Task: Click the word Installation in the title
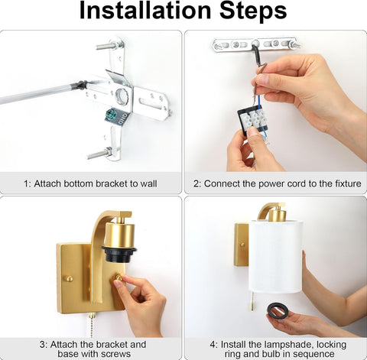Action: coord(145,10)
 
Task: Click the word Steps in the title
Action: coord(253,11)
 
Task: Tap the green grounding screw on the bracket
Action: coord(111,112)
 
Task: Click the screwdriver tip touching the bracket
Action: coord(81,84)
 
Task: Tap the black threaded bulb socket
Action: coord(119,253)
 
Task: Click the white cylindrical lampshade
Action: coord(275,255)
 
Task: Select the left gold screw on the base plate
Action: coord(68,278)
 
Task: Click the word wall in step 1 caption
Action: coord(148,183)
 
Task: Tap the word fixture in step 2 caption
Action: coord(349,183)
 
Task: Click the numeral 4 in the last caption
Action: coord(213,345)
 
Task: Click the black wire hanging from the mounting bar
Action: coord(258,55)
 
